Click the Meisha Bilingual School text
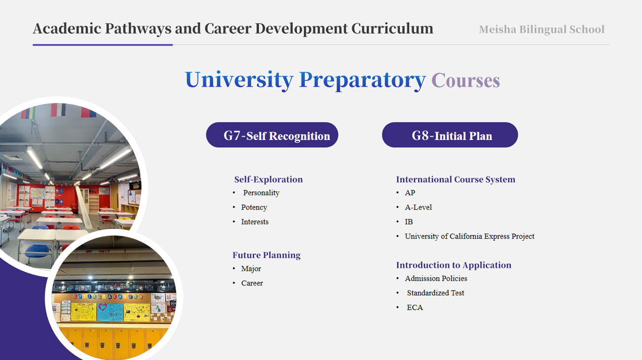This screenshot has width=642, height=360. click(541, 29)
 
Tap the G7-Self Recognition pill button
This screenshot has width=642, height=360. click(272, 135)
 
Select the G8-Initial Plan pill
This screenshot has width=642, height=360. click(450, 135)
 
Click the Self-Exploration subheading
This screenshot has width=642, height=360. click(269, 180)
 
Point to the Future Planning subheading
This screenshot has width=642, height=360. click(267, 255)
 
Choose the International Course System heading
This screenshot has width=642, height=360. click(456, 180)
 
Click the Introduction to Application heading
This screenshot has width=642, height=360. click(454, 265)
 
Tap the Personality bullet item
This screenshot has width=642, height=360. click(261, 193)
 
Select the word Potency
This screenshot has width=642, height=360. click(254, 207)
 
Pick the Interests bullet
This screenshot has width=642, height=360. click(255, 222)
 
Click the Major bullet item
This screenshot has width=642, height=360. click(251, 269)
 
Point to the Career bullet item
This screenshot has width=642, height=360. click(252, 283)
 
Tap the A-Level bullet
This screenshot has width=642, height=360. click(418, 207)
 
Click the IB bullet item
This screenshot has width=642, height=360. click(409, 222)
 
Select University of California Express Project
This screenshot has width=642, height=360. click(469, 236)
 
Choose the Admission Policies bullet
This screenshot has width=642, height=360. click(436, 278)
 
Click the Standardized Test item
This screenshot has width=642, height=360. click(435, 293)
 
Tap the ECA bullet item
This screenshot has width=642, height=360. click(415, 308)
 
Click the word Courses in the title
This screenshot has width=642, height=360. click(466, 80)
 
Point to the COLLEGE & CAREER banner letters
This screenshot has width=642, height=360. click(107, 296)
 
